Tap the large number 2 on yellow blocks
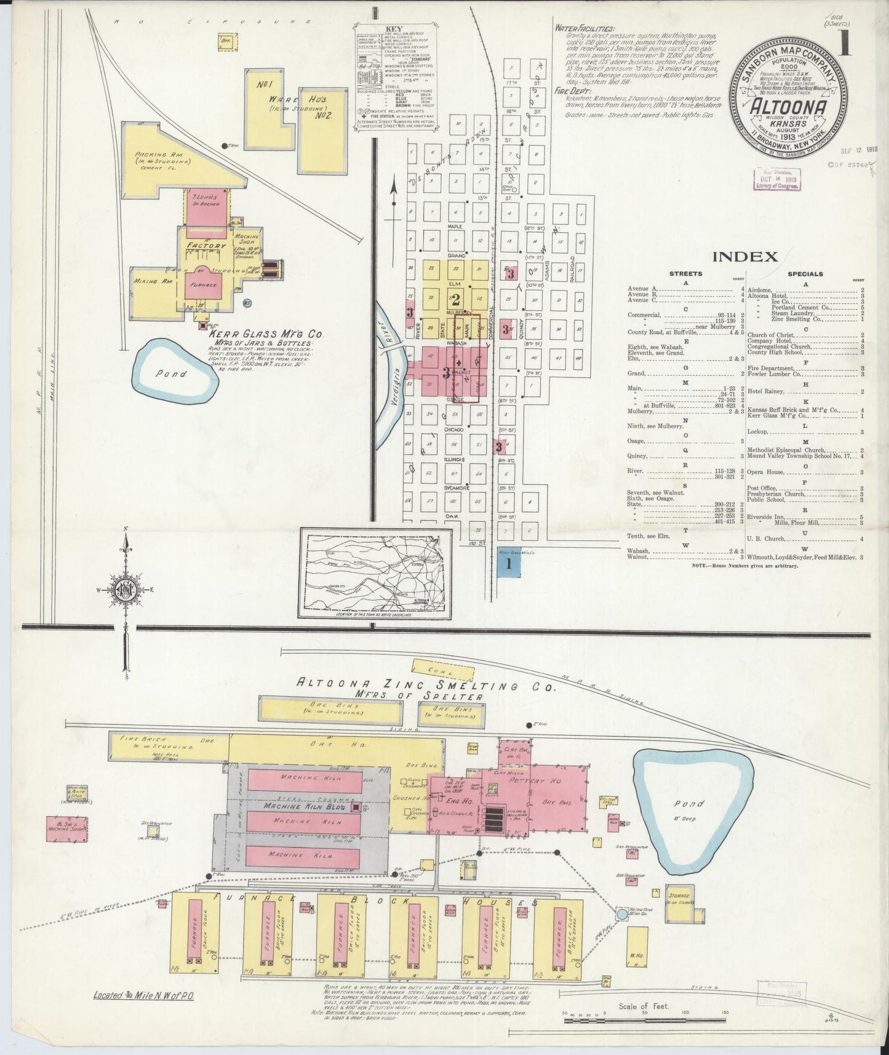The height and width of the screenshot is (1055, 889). (456, 300)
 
